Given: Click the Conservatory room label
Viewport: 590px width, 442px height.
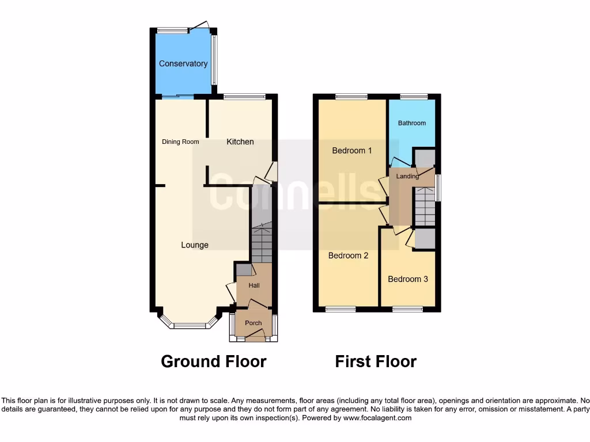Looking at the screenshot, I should (183, 64).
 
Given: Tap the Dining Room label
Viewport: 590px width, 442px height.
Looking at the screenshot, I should (180, 142).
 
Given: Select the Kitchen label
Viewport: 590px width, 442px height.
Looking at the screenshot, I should (240, 142).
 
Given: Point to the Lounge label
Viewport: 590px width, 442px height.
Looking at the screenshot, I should (195, 245).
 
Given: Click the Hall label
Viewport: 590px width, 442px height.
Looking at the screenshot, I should (254, 285).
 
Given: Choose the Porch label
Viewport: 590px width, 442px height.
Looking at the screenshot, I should (254, 323).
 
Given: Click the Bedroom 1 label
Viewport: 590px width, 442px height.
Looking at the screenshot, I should (352, 151).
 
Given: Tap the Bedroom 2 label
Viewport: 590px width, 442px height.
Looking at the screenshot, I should (348, 256).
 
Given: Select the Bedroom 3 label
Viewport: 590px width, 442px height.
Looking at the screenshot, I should (408, 279).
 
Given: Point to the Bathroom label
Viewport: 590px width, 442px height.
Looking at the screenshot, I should (412, 123).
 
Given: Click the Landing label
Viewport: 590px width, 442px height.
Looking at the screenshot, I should (407, 176).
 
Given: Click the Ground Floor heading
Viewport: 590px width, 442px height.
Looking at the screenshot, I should (213, 361).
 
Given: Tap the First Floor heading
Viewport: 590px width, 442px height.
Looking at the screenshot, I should (376, 361).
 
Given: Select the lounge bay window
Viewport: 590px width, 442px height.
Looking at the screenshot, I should (190, 325).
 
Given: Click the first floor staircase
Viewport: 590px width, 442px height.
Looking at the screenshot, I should (425, 207).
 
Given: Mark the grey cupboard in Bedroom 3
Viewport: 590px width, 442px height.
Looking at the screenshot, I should (425, 238).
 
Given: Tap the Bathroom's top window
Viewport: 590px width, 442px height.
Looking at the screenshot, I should (414, 97).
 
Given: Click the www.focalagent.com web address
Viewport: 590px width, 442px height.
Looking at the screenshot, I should (377, 418).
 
